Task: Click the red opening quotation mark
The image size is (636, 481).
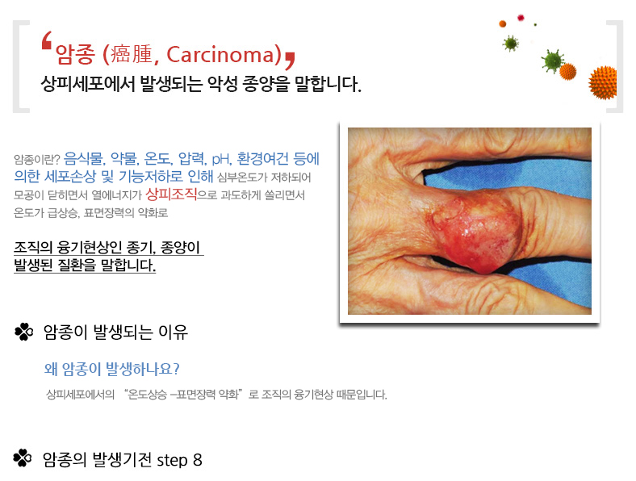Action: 47,40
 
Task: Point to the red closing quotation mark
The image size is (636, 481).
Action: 290,60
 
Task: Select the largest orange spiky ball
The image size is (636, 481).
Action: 603,82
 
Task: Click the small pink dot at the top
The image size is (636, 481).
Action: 521,18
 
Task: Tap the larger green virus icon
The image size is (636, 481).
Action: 552,61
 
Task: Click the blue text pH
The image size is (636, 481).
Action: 220,159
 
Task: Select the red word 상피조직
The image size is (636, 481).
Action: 171,194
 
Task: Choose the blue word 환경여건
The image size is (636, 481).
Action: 262,158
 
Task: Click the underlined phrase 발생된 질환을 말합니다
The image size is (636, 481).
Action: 85,265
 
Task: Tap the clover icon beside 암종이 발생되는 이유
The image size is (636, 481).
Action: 24,332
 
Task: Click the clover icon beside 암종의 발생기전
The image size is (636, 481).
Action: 23,458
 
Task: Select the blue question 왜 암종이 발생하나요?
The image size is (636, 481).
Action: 112,369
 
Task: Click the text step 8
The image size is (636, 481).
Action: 179,460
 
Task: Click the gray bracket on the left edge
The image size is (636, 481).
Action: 19,66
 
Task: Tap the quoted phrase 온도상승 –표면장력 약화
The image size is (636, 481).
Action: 183,394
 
